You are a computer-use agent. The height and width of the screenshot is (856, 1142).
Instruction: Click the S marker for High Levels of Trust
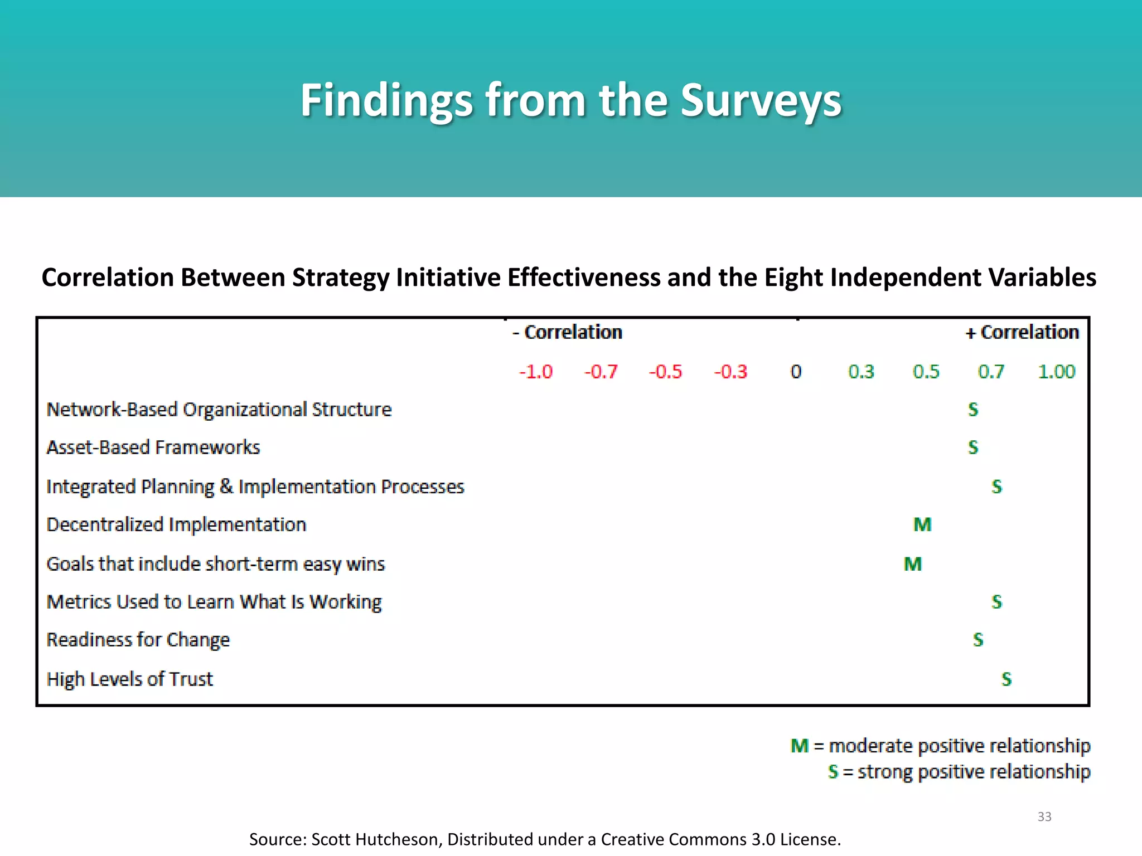click(1006, 679)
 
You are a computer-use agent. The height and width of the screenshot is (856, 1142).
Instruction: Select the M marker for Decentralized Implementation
click(923, 524)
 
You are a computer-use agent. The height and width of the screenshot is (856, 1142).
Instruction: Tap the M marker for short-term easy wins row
click(913, 564)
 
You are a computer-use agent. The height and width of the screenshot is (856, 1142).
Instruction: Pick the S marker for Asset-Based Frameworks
click(973, 447)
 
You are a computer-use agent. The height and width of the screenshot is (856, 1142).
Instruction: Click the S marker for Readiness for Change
click(978, 639)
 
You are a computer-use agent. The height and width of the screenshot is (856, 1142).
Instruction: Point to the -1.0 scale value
click(536, 372)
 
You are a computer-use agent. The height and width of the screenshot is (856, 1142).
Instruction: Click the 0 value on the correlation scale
click(796, 372)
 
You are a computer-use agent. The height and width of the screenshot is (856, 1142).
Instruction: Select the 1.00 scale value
click(1056, 372)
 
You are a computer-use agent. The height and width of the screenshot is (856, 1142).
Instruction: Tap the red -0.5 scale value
click(665, 372)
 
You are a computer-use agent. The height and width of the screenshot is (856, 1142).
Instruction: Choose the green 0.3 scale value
click(861, 372)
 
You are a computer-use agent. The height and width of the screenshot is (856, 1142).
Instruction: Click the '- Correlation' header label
click(567, 332)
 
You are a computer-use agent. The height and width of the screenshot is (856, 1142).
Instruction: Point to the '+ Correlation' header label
click(1022, 332)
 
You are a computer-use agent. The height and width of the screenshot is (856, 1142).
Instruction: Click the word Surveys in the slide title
click(761, 100)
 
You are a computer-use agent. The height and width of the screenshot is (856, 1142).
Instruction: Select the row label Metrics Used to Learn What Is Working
click(214, 602)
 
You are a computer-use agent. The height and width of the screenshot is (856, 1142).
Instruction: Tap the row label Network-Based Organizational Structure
click(219, 410)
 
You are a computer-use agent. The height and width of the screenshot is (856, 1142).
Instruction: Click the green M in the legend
click(800, 746)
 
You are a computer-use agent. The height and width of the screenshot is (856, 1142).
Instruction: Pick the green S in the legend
click(833, 772)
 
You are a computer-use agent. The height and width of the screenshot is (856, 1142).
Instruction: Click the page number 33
click(1044, 816)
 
